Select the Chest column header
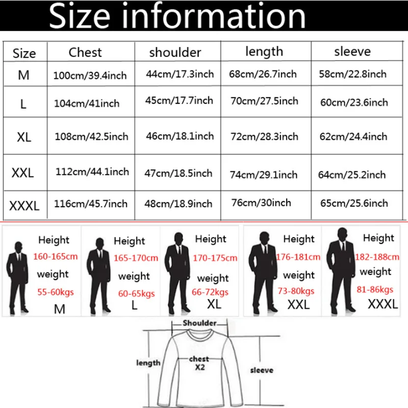(x=85, y=53)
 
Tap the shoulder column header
(x=175, y=53)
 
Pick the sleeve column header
(x=352, y=52)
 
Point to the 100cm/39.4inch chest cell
(x=90, y=76)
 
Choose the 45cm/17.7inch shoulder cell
(x=179, y=100)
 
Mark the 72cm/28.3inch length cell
(x=264, y=137)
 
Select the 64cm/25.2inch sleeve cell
(x=352, y=175)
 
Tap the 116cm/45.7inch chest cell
(x=91, y=204)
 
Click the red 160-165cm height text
(x=56, y=256)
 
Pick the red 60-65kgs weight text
(x=136, y=294)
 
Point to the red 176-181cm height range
(x=298, y=257)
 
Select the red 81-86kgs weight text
(x=375, y=290)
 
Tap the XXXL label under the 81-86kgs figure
(x=382, y=304)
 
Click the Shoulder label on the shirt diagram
(x=199, y=323)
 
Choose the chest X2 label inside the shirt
(x=199, y=363)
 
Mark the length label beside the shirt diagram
(x=148, y=363)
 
